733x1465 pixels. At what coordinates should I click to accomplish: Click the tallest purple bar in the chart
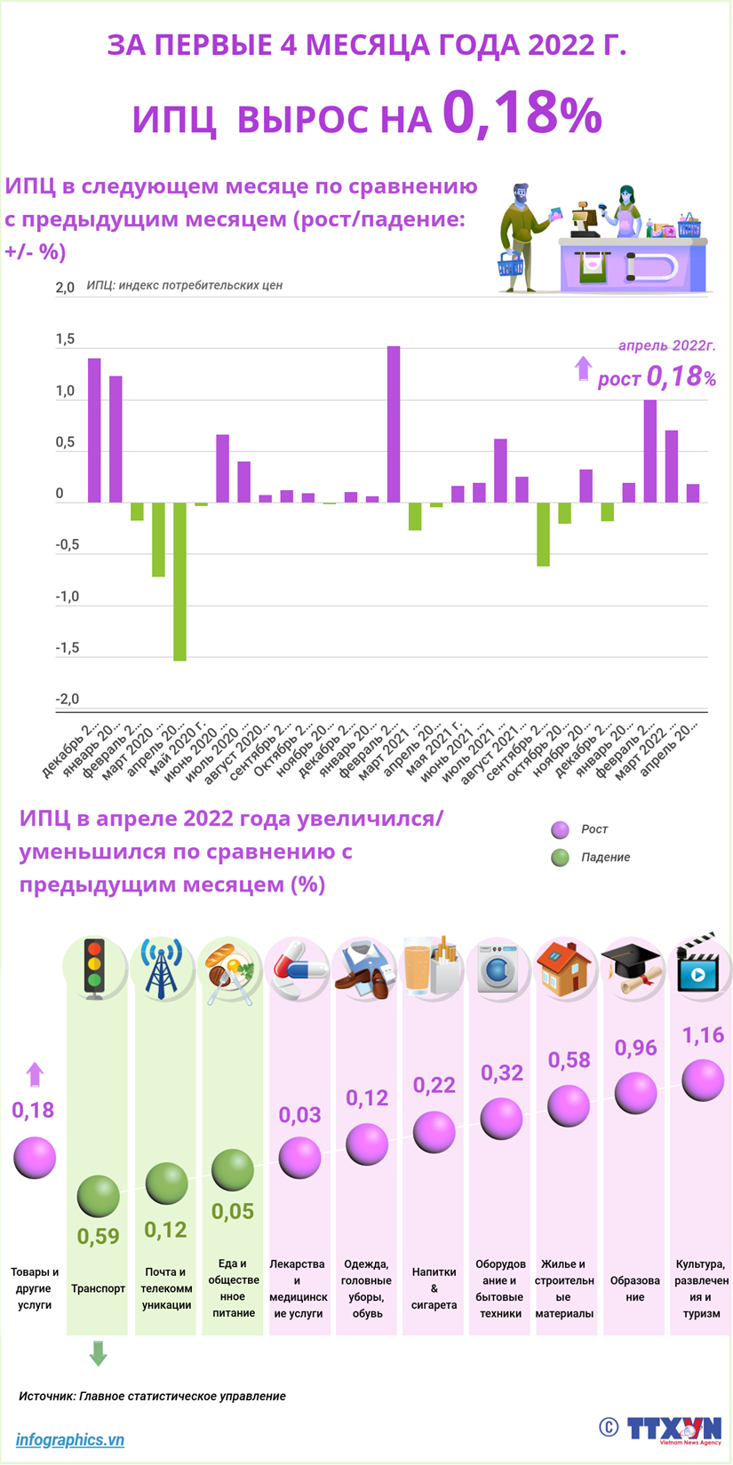pyautogui.click(x=394, y=424)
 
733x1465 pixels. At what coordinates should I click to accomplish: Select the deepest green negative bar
pyautogui.click(x=179, y=582)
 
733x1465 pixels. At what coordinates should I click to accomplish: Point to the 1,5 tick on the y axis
pyautogui.click(x=65, y=340)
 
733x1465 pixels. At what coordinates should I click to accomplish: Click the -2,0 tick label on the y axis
pyautogui.click(x=67, y=700)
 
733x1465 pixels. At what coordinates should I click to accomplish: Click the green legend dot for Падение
pyautogui.click(x=560, y=857)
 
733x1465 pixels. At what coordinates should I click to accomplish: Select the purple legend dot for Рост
pyautogui.click(x=560, y=829)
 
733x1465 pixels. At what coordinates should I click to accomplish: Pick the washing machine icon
pyautogui.click(x=499, y=968)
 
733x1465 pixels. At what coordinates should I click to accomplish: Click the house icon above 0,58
pyautogui.click(x=565, y=968)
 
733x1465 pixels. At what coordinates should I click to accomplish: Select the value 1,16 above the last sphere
pyautogui.click(x=702, y=1035)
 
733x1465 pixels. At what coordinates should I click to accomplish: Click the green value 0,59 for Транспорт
pyautogui.click(x=98, y=1236)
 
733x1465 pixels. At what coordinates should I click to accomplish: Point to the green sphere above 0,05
pyautogui.click(x=233, y=1170)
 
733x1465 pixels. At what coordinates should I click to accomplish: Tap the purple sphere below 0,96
pyautogui.click(x=635, y=1092)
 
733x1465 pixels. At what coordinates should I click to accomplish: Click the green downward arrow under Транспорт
pyautogui.click(x=98, y=1353)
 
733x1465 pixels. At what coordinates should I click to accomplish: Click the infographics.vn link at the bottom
pyautogui.click(x=70, y=1440)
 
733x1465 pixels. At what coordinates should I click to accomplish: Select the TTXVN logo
pyautogui.click(x=673, y=1429)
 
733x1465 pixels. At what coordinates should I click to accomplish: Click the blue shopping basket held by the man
pyautogui.click(x=510, y=264)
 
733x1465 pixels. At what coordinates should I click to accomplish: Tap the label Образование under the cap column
pyautogui.click(x=634, y=1288)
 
